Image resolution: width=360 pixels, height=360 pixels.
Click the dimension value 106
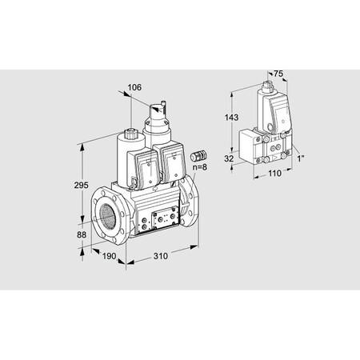click(134, 87)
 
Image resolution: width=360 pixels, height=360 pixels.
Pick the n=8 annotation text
click(200, 168)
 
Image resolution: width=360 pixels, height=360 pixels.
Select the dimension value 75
click(278, 73)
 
